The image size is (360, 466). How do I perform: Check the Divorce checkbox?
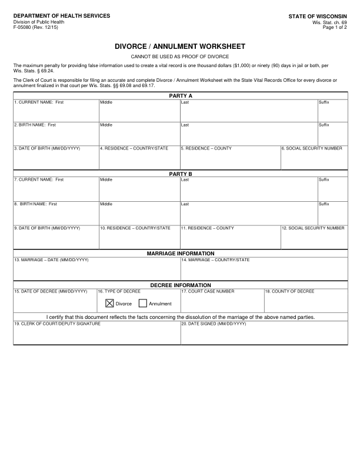(109, 304)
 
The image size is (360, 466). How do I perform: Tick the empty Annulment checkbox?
(143, 304)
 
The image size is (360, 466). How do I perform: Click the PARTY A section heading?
(181, 95)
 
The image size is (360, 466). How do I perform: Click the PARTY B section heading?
(181, 174)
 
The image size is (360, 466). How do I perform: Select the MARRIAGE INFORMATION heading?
(181, 253)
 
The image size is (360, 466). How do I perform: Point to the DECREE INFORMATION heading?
(181, 285)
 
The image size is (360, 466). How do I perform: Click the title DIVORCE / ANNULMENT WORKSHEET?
(180, 46)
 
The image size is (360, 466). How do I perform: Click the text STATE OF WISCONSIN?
(317, 16)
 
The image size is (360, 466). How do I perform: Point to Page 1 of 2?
(335, 27)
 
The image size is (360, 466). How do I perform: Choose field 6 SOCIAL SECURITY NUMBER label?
(312, 148)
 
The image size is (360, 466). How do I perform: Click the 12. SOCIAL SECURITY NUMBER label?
(313, 228)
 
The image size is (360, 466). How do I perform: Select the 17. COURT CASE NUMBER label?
(208, 291)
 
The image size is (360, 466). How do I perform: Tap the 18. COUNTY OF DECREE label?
(289, 291)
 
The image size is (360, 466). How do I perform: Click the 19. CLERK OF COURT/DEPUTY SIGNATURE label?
(57, 324)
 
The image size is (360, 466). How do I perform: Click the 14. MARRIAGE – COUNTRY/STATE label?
(215, 259)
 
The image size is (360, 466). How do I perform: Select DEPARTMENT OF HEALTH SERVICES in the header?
(62, 15)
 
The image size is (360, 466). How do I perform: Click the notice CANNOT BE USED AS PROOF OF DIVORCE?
(180, 56)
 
